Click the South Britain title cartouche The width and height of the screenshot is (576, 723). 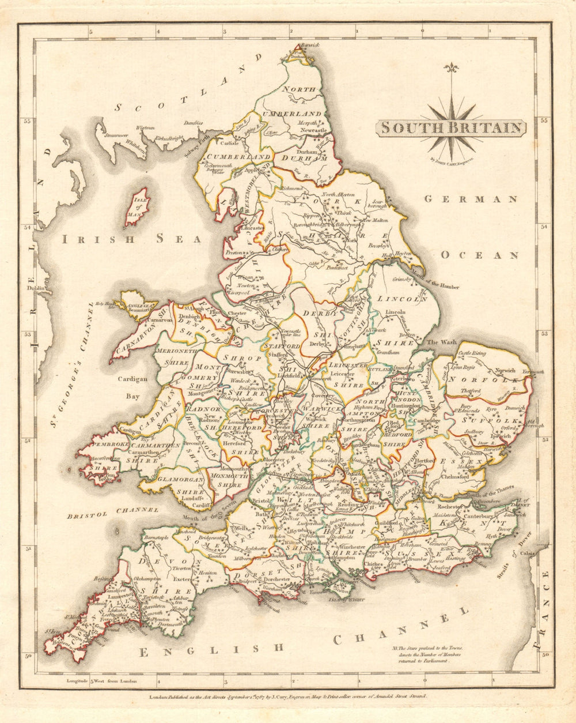coord(451,127)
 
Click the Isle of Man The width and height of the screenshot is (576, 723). coord(137,206)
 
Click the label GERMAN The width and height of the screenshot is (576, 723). coord(471,199)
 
